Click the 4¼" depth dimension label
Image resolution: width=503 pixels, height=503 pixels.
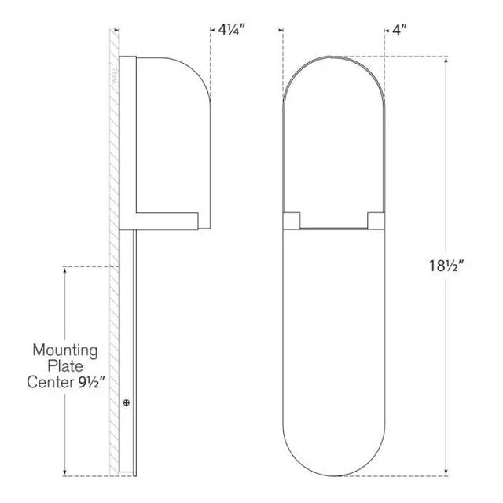[x=233, y=31]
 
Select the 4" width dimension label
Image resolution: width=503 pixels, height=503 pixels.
[x=401, y=31]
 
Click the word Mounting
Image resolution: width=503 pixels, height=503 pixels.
[x=64, y=350]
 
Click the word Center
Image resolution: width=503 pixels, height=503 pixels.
[x=51, y=384]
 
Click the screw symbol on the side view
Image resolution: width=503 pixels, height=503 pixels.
[x=127, y=402]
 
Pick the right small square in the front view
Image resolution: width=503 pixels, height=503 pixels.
[x=376, y=219]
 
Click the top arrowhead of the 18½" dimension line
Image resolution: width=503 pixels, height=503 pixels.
[x=449, y=60]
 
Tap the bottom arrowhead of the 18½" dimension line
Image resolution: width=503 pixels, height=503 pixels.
[x=449, y=474]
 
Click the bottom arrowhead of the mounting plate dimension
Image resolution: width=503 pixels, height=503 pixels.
[x=64, y=474]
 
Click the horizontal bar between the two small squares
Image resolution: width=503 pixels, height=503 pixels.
[x=333, y=228]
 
